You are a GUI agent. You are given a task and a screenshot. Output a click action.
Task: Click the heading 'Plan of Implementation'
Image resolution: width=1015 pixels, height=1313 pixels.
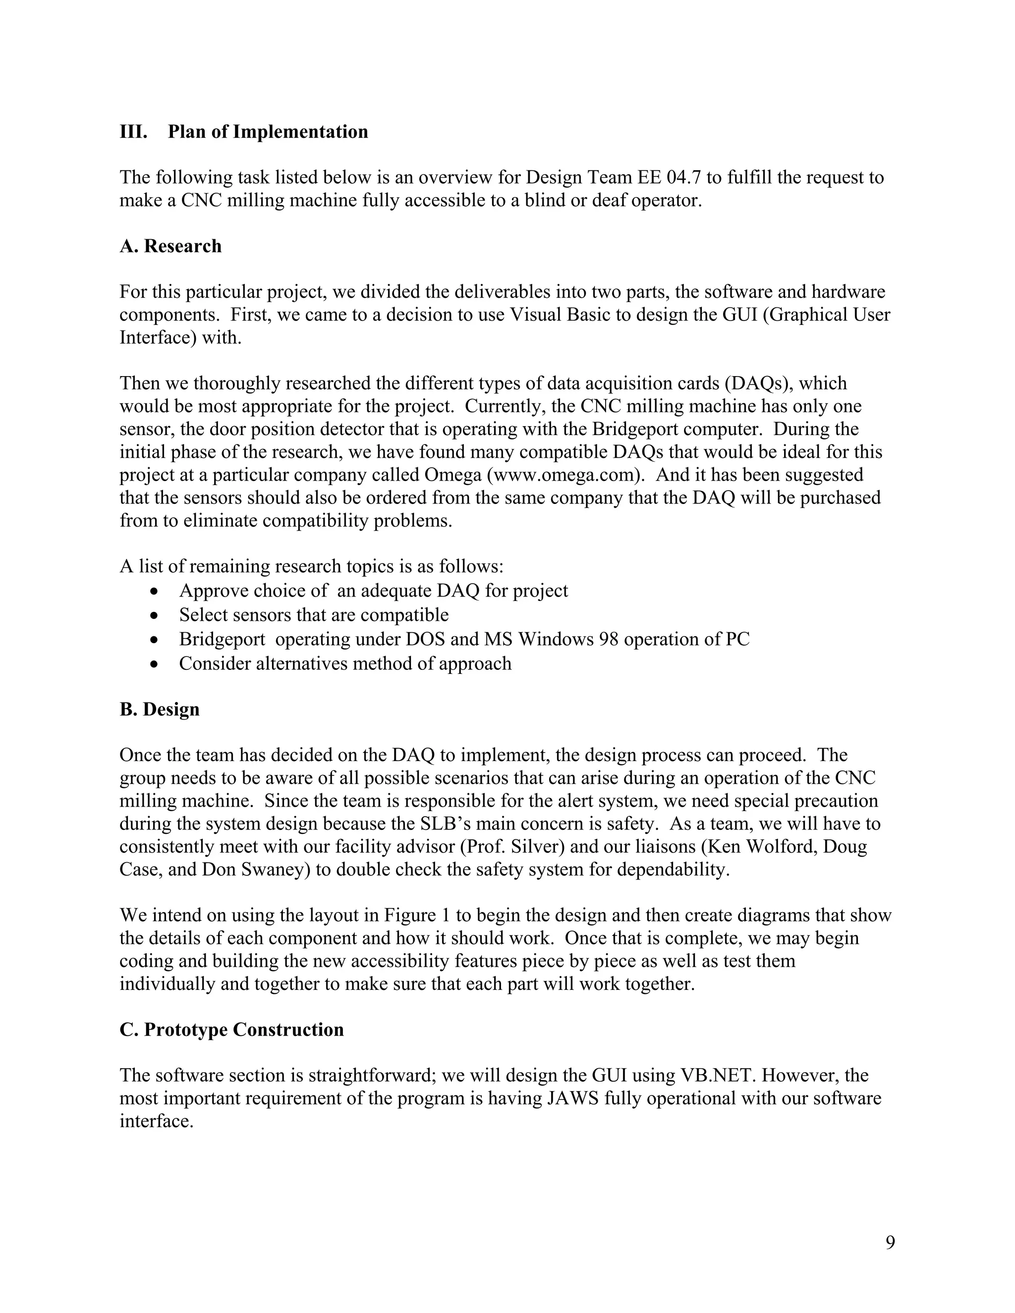pyautogui.click(x=268, y=132)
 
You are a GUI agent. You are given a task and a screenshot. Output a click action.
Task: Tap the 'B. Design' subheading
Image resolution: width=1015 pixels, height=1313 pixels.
pyautogui.click(x=160, y=709)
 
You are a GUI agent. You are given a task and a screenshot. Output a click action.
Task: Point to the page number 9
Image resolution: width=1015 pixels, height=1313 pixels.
pyautogui.click(x=890, y=1242)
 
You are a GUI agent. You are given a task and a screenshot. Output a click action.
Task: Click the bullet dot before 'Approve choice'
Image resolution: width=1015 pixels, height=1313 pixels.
pyautogui.click(x=156, y=592)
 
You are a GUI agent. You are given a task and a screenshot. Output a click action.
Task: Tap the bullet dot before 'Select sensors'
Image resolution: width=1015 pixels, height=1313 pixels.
pyautogui.click(x=156, y=615)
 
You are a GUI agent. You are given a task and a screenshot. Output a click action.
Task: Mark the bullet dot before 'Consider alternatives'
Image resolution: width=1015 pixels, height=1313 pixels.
pyautogui.click(x=156, y=664)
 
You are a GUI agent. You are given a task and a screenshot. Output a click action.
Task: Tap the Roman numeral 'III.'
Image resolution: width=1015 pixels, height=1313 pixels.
pyautogui.click(x=133, y=132)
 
